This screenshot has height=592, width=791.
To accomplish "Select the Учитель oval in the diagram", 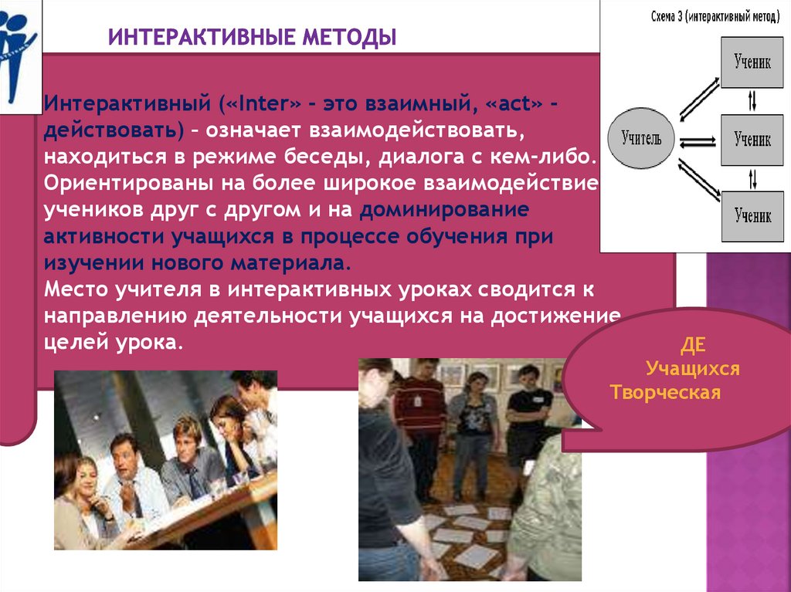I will coord(640,139).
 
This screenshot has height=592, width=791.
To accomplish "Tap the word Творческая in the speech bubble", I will coord(665,392).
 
